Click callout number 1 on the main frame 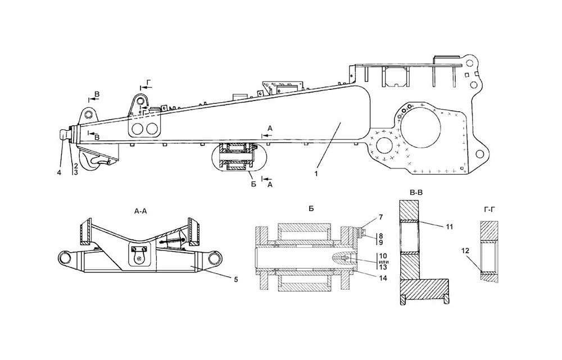coord(316,174)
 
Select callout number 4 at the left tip coord(59,172)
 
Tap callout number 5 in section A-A coord(235,279)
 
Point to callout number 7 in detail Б coord(380,217)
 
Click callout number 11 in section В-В coord(450,227)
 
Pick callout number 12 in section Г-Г coord(465,251)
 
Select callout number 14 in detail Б coord(383,278)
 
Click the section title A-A coord(140,211)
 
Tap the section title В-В coord(416,193)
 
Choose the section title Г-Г coord(490,208)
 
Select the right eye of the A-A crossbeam coord(214,258)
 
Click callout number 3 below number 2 coord(76,172)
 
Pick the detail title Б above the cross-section coord(311,208)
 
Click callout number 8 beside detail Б coord(380,236)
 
